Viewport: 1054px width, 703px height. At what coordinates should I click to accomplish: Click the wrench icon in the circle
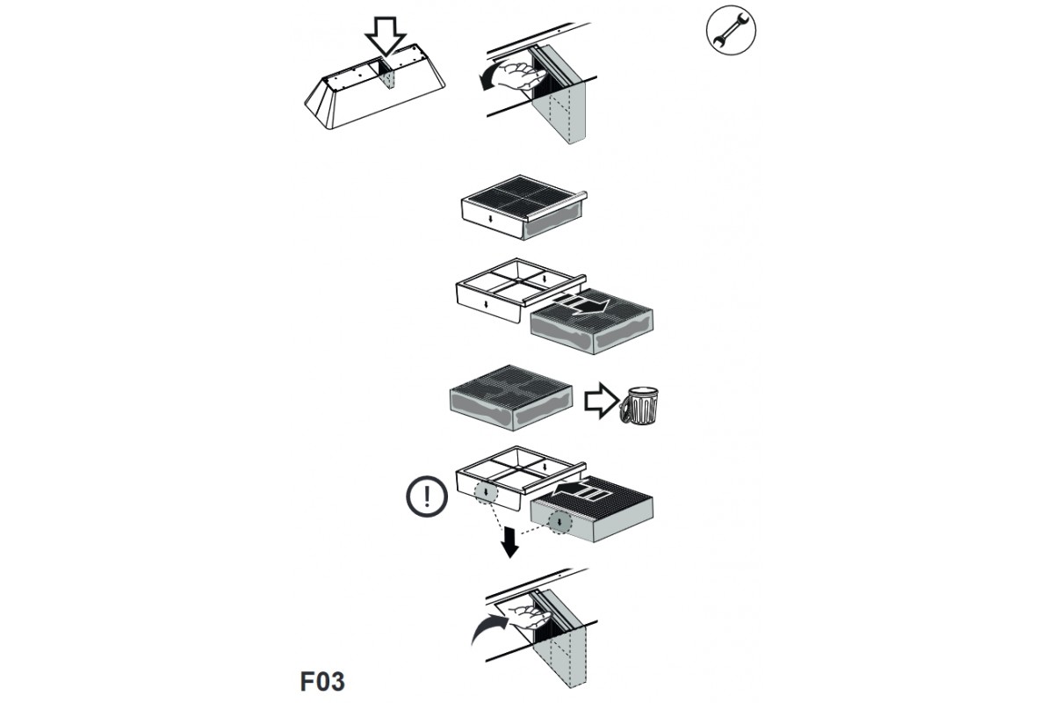tap(731, 30)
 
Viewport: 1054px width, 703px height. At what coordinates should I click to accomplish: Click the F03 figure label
tap(322, 681)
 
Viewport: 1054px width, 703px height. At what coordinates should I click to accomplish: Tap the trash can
tap(639, 405)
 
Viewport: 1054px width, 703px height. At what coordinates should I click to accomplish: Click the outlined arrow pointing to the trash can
tap(602, 400)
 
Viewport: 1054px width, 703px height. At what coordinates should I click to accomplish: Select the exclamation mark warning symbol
tap(427, 496)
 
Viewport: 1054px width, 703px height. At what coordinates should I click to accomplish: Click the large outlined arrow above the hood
tap(386, 37)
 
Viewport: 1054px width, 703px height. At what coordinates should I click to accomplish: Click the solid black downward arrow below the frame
tap(509, 542)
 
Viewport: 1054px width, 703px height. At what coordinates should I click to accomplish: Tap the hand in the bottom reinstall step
tap(530, 617)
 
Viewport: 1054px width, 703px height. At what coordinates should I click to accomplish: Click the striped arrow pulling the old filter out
tap(581, 304)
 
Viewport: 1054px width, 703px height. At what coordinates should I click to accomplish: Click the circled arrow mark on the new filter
tap(559, 522)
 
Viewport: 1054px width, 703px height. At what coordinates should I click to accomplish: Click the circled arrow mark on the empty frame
tap(486, 492)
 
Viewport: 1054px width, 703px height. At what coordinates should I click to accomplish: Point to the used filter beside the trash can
tap(511, 397)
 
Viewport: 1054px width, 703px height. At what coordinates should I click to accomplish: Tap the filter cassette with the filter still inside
tap(523, 207)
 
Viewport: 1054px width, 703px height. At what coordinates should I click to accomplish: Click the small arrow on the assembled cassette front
tap(491, 219)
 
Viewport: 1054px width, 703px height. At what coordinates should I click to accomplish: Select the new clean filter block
tap(592, 510)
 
